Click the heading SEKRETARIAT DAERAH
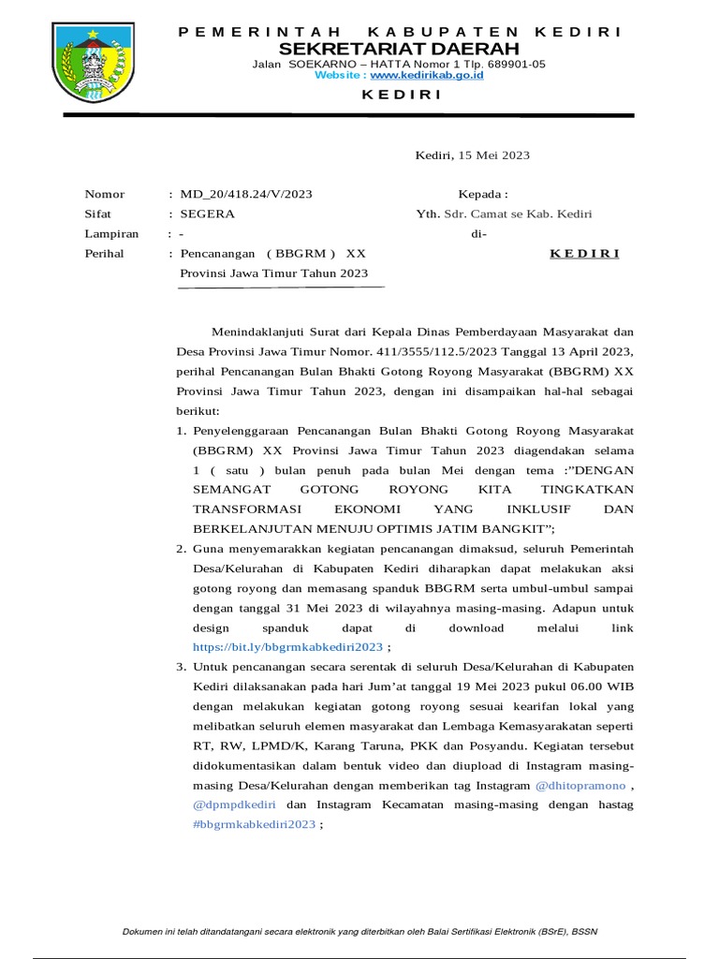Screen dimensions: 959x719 [398, 48]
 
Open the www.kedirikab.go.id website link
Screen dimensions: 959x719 [427, 75]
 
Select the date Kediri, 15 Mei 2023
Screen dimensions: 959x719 [473, 155]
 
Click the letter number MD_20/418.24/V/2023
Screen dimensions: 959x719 [245, 194]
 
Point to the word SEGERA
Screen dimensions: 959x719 [208, 214]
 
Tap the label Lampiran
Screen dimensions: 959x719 [111, 234]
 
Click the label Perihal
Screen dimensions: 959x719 [104, 254]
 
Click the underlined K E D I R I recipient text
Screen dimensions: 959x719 [583, 254]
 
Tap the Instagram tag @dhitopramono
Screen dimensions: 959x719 [580, 785]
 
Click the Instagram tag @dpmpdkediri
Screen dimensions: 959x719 [235, 804]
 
